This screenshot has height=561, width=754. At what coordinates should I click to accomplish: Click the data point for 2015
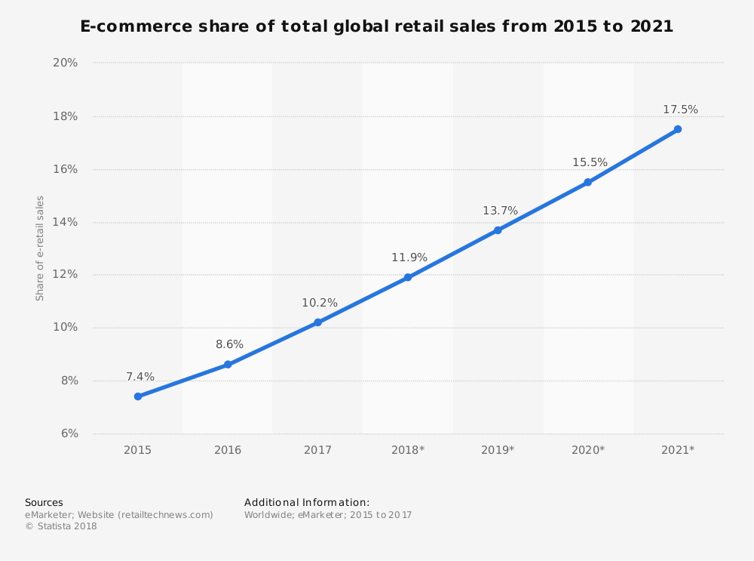(138, 396)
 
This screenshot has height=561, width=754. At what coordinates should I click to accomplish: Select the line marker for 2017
(317, 322)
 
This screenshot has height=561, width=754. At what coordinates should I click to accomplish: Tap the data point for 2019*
(498, 230)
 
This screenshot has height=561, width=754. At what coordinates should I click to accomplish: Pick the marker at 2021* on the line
(678, 129)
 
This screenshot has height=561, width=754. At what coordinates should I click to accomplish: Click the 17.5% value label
(680, 109)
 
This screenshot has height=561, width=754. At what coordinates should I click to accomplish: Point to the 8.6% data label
(229, 344)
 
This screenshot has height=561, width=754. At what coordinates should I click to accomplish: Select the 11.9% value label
(409, 257)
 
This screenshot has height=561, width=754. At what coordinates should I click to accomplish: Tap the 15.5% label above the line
(590, 162)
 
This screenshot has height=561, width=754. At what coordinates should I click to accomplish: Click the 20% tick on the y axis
(66, 63)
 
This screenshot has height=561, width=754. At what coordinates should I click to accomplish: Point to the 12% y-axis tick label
(66, 274)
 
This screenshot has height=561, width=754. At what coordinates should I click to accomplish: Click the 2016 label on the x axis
(228, 450)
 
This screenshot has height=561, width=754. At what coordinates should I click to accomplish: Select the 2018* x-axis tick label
(408, 450)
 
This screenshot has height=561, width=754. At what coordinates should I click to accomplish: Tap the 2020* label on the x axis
(588, 450)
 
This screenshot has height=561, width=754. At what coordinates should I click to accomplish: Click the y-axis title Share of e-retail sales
(41, 248)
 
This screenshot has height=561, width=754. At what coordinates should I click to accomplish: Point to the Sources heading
(44, 502)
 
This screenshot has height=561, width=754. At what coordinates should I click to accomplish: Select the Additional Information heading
(307, 502)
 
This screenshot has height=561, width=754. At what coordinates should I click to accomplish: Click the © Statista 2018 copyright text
(61, 526)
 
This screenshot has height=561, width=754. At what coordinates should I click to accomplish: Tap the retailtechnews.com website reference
(165, 515)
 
